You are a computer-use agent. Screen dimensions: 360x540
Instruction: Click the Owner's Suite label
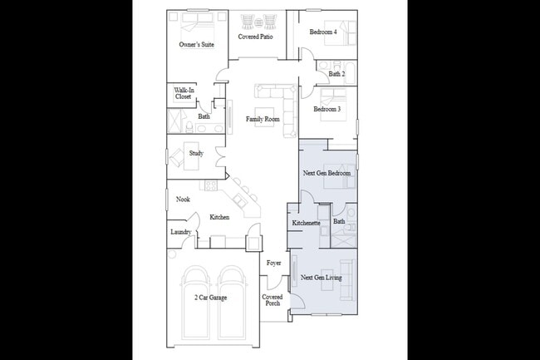coord(197,44)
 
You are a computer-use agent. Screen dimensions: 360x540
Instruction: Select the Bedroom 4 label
coord(323,32)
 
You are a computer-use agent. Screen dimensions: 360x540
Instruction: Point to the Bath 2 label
coord(336,74)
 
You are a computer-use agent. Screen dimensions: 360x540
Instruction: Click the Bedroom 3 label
coord(326,110)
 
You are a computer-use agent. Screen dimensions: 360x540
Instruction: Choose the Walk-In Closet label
coord(183,94)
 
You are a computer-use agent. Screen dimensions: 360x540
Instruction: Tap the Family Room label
coord(263,120)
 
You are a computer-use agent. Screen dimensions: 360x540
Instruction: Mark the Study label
coord(196,153)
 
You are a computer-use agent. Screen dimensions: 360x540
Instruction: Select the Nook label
coord(183,200)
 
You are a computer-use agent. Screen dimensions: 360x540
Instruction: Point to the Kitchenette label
coord(307,223)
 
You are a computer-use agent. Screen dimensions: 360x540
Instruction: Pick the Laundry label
coord(181,232)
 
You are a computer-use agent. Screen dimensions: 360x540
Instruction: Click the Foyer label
coord(273,264)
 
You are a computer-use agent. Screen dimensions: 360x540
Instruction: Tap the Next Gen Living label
coord(321,278)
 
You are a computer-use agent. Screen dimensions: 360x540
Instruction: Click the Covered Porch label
coord(272,300)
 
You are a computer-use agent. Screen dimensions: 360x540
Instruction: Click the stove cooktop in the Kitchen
coord(217,242)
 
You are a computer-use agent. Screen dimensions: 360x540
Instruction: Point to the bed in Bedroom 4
coord(347,33)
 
